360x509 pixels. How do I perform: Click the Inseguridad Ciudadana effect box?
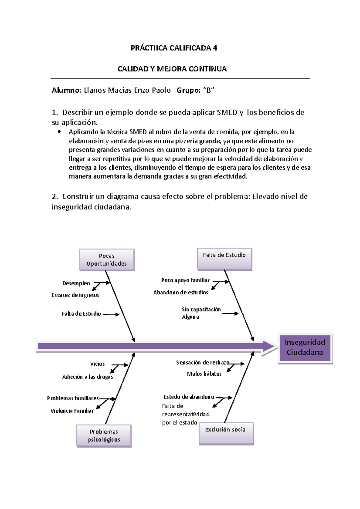click(x=305, y=348)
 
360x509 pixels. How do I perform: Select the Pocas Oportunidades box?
click(x=106, y=260)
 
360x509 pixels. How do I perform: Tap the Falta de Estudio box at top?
click(x=224, y=258)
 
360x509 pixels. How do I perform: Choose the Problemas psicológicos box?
click(x=104, y=436)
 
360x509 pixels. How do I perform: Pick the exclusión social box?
click(x=226, y=433)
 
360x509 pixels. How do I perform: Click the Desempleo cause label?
click(x=76, y=283)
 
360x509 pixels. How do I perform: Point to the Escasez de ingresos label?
click(x=75, y=295)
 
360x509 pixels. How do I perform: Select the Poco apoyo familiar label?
click(x=185, y=280)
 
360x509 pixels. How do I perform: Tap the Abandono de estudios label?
click(x=181, y=292)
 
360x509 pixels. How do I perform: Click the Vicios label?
click(x=97, y=364)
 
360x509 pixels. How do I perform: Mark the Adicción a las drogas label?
click(x=88, y=377)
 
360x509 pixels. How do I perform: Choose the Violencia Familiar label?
click(x=72, y=411)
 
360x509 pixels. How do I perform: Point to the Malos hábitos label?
click(x=204, y=374)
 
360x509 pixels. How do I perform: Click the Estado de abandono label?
click(x=189, y=397)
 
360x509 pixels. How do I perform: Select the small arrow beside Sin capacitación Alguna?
click(x=230, y=314)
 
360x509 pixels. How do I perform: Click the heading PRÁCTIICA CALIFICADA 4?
click(x=174, y=48)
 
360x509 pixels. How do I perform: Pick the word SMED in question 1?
click(x=227, y=112)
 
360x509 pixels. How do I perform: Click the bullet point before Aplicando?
click(x=59, y=132)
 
